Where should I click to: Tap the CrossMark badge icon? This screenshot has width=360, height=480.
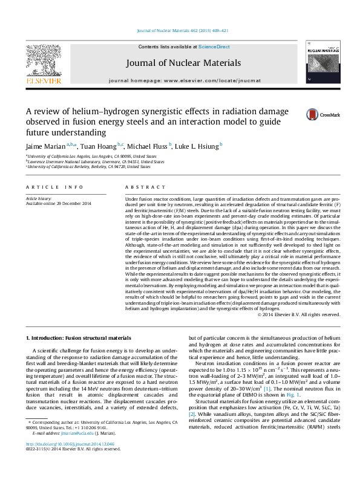312,114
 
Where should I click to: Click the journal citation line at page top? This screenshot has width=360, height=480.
180,31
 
